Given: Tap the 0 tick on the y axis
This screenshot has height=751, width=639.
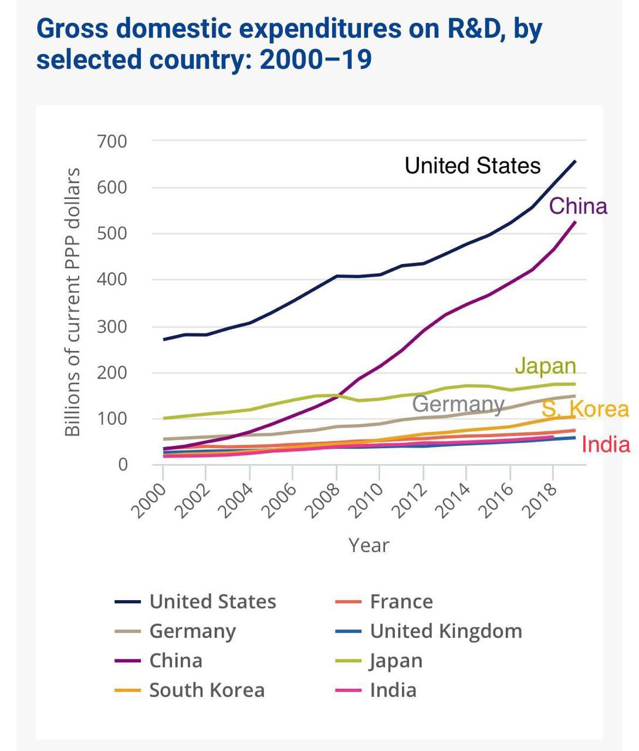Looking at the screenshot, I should pos(122,464).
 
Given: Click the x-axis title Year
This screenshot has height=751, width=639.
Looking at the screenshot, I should pos(368,545).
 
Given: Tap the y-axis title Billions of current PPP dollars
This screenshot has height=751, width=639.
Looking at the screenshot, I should pos(72,302).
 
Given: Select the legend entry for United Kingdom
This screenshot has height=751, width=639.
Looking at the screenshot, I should pos(446,631).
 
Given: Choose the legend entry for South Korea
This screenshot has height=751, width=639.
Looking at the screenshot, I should pos(207,690).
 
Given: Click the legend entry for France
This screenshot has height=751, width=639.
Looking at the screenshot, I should pos(401,601).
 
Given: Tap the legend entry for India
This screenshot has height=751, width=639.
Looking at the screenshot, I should pos(393,690).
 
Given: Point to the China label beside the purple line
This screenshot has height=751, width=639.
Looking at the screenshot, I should pos(578,206).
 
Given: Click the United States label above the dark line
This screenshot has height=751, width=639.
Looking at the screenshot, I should pos(472,165).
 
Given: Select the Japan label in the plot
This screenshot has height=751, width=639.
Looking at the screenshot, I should pos(546,366).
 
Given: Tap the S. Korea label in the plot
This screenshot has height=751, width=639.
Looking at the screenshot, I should pos(585,409).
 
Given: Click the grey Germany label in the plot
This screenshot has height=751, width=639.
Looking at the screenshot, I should pos(458,404).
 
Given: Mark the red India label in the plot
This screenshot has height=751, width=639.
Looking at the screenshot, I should pos(606,445).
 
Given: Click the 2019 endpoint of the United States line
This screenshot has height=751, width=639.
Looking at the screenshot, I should pos(575,161).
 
